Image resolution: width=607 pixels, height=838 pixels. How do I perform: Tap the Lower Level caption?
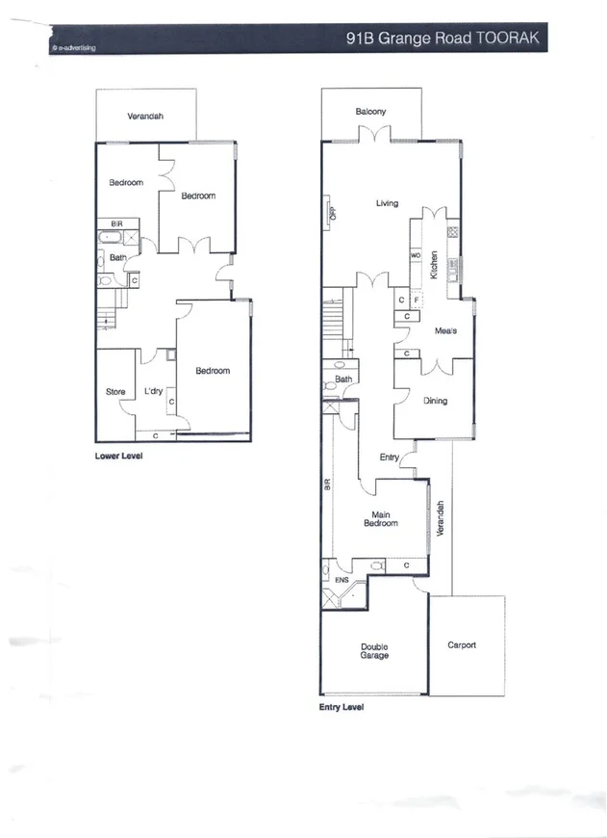pyautogui.click(x=118, y=456)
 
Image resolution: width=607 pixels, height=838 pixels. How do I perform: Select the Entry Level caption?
pyautogui.click(x=341, y=706)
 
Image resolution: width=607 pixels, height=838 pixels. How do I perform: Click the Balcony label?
pyautogui.click(x=370, y=112)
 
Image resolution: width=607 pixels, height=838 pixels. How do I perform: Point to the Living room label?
pyautogui.click(x=387, y=203)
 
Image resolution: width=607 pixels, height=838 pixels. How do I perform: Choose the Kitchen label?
pyautogui.click(x=434, y=265)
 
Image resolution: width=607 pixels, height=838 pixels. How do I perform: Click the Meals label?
pyautogui.click(x=445, y=330)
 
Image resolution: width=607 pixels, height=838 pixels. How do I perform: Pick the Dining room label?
pyautogui.click(x=435, y=401)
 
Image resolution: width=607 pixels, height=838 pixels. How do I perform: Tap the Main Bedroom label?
pyautogui.click(x=380, y=519)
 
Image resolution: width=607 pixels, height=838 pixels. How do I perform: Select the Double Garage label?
pyautogui.click(x=374, y=651)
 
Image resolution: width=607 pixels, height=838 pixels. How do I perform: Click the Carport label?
pyautogui.click(x=462, y=644)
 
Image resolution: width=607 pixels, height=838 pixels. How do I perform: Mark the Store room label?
pyautogui.click(x=115, y=392)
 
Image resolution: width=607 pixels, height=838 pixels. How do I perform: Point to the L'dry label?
pyautogui.click(x=153, y=392)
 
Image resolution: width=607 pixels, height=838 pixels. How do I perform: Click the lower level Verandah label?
pyautogui.click(x=145, y=116)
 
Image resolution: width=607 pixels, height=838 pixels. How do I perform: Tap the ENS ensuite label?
pyautogui.click(x=341, y=581)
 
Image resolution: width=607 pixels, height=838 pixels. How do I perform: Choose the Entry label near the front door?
pyautogui.click(x=390, y=457)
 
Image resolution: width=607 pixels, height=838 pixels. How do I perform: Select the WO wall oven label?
pyautogui.click(x=416, y=255)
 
